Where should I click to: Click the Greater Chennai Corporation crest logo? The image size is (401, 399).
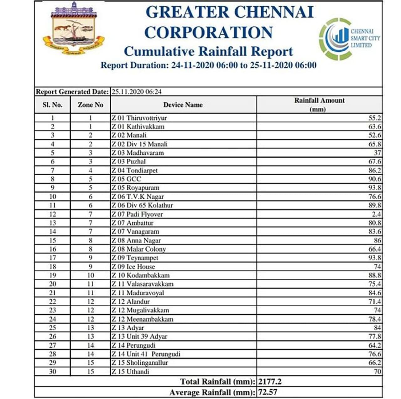pyautogui.click(x=73, y=28)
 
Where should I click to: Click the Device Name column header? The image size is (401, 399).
pyautogui.click(x=183, y=105)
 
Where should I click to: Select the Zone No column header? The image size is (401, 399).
pyautogui.click(x=91, y=105)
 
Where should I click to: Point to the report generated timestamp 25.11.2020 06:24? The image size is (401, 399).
pyautogui.click(x=137, y=92)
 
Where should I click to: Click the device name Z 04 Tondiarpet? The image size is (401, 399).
pyautogui.click(x=135, y=171)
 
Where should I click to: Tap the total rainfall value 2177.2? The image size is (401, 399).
pyautogui.click(x=270, y=381)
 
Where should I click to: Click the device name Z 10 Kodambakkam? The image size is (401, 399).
pyautogui.click(x=141, y=275)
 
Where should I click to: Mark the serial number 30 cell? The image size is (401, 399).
pyautogui.click(x=53, y=372)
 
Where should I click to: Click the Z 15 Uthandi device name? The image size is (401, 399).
pyautogui.click(x=131, y=372)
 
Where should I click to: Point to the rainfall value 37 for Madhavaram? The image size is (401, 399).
pyautogui.click(x=377, y=153)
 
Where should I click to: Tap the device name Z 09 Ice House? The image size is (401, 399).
pyautogui.click(x=133, y=267)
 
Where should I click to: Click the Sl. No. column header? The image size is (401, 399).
pyautogui.click(x=52, y=105)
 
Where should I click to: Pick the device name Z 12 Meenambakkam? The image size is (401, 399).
pyautogui.click(x=143, y=319)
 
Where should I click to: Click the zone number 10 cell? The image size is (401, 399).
pyautogui.click(x=91, y=275)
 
